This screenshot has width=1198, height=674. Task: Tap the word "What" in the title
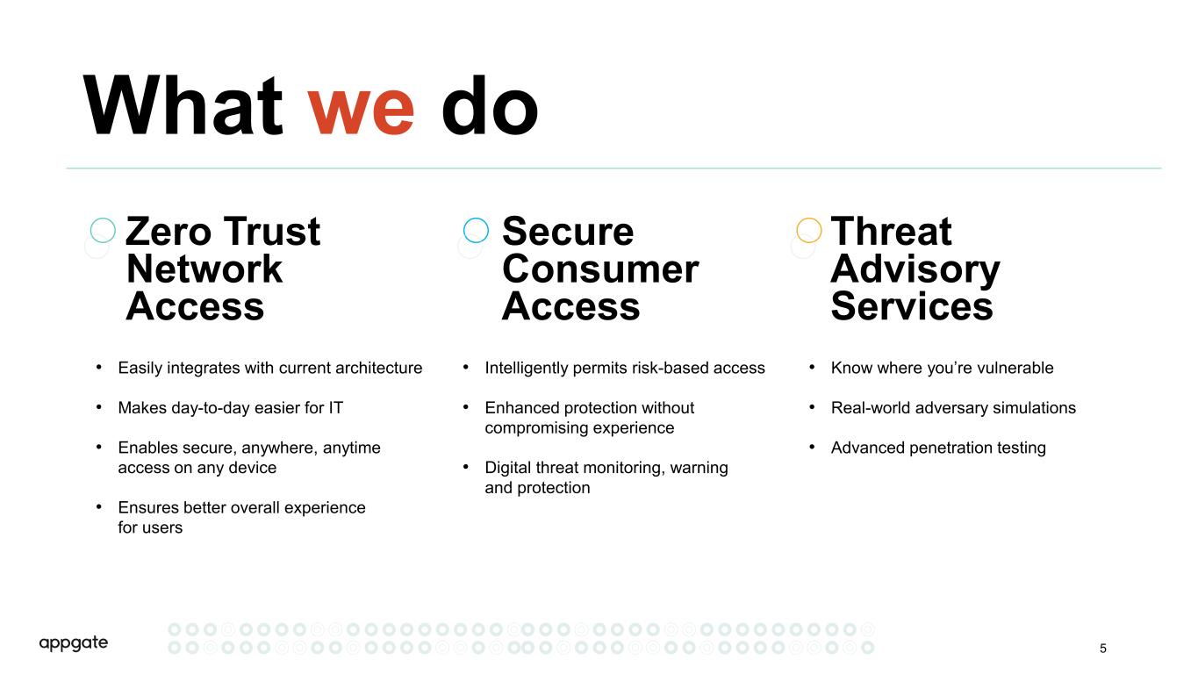[x=183, y=105]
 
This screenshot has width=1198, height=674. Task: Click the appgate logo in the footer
[x=73, y=642]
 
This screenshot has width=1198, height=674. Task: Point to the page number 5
[x=1103, y=649]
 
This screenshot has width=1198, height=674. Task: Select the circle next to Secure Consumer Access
[x=463, y=231]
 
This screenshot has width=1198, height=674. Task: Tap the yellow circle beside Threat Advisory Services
[x=796, y=231]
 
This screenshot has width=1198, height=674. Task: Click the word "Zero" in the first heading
[x=169, y=232]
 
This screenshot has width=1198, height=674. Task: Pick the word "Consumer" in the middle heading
[x=600, y=269]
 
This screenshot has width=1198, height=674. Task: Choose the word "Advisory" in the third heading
[x=915, y=270]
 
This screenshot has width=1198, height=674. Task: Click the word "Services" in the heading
[x=912, y=306]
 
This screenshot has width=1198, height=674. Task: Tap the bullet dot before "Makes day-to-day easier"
[x=99, y=407]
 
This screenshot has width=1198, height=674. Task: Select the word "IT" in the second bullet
[x=336, y=407]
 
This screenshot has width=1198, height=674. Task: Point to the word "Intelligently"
[x=527, y=369]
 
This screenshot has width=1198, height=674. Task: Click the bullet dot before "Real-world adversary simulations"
[x=812, y=407]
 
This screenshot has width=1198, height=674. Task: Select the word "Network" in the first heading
[x=204, y=269]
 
